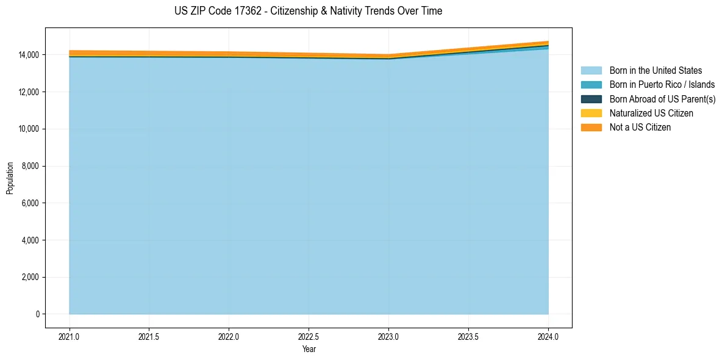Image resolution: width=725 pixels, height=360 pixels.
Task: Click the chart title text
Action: pos(308,11)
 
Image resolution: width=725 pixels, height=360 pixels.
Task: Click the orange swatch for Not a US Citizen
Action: pos(591,128)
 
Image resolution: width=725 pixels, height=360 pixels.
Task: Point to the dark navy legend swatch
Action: pos(591,99)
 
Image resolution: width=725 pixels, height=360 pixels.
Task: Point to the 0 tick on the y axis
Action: pos(37,314)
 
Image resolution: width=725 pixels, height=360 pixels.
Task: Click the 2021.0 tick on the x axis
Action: pos(70,336)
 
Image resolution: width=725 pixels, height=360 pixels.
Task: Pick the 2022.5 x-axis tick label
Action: pos(309,336)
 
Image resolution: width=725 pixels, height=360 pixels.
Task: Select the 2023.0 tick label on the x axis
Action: pos(388,336)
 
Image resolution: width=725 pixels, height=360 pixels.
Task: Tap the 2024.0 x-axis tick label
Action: pos(548,336)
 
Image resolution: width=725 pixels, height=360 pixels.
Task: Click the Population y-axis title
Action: pos(10,178)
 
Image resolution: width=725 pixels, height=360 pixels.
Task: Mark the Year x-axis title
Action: pos(309,349)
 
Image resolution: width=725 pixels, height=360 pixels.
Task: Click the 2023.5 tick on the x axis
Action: pos(468,336)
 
